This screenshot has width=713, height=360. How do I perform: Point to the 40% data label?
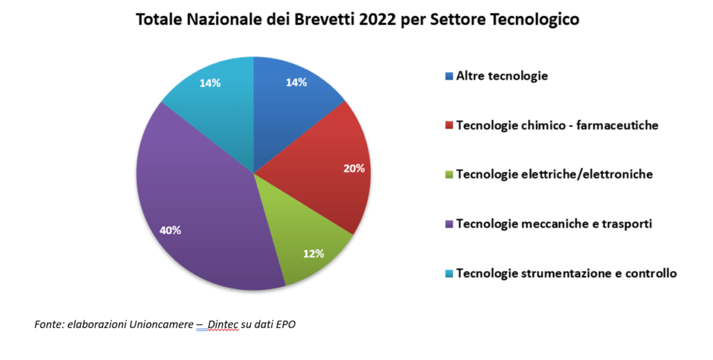tap(171, 230)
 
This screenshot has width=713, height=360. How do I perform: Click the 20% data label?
tap(354, 169)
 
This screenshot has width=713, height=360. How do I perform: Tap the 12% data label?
tap(314, 253)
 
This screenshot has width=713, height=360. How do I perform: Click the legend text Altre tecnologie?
tap(501, 76)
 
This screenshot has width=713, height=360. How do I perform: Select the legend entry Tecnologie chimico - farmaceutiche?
tap(557, 125)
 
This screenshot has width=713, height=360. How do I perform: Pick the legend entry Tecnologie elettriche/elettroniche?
tap(554, 174)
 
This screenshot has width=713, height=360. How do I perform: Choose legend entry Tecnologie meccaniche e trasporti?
tap(553, 224)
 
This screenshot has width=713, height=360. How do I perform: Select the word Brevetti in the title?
tap(319, 19)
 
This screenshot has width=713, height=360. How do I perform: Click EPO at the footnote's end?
tap(285, 324)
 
